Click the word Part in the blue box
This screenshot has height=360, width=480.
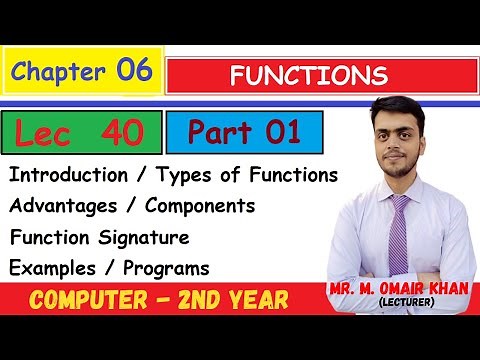click(x=211, y=132)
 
